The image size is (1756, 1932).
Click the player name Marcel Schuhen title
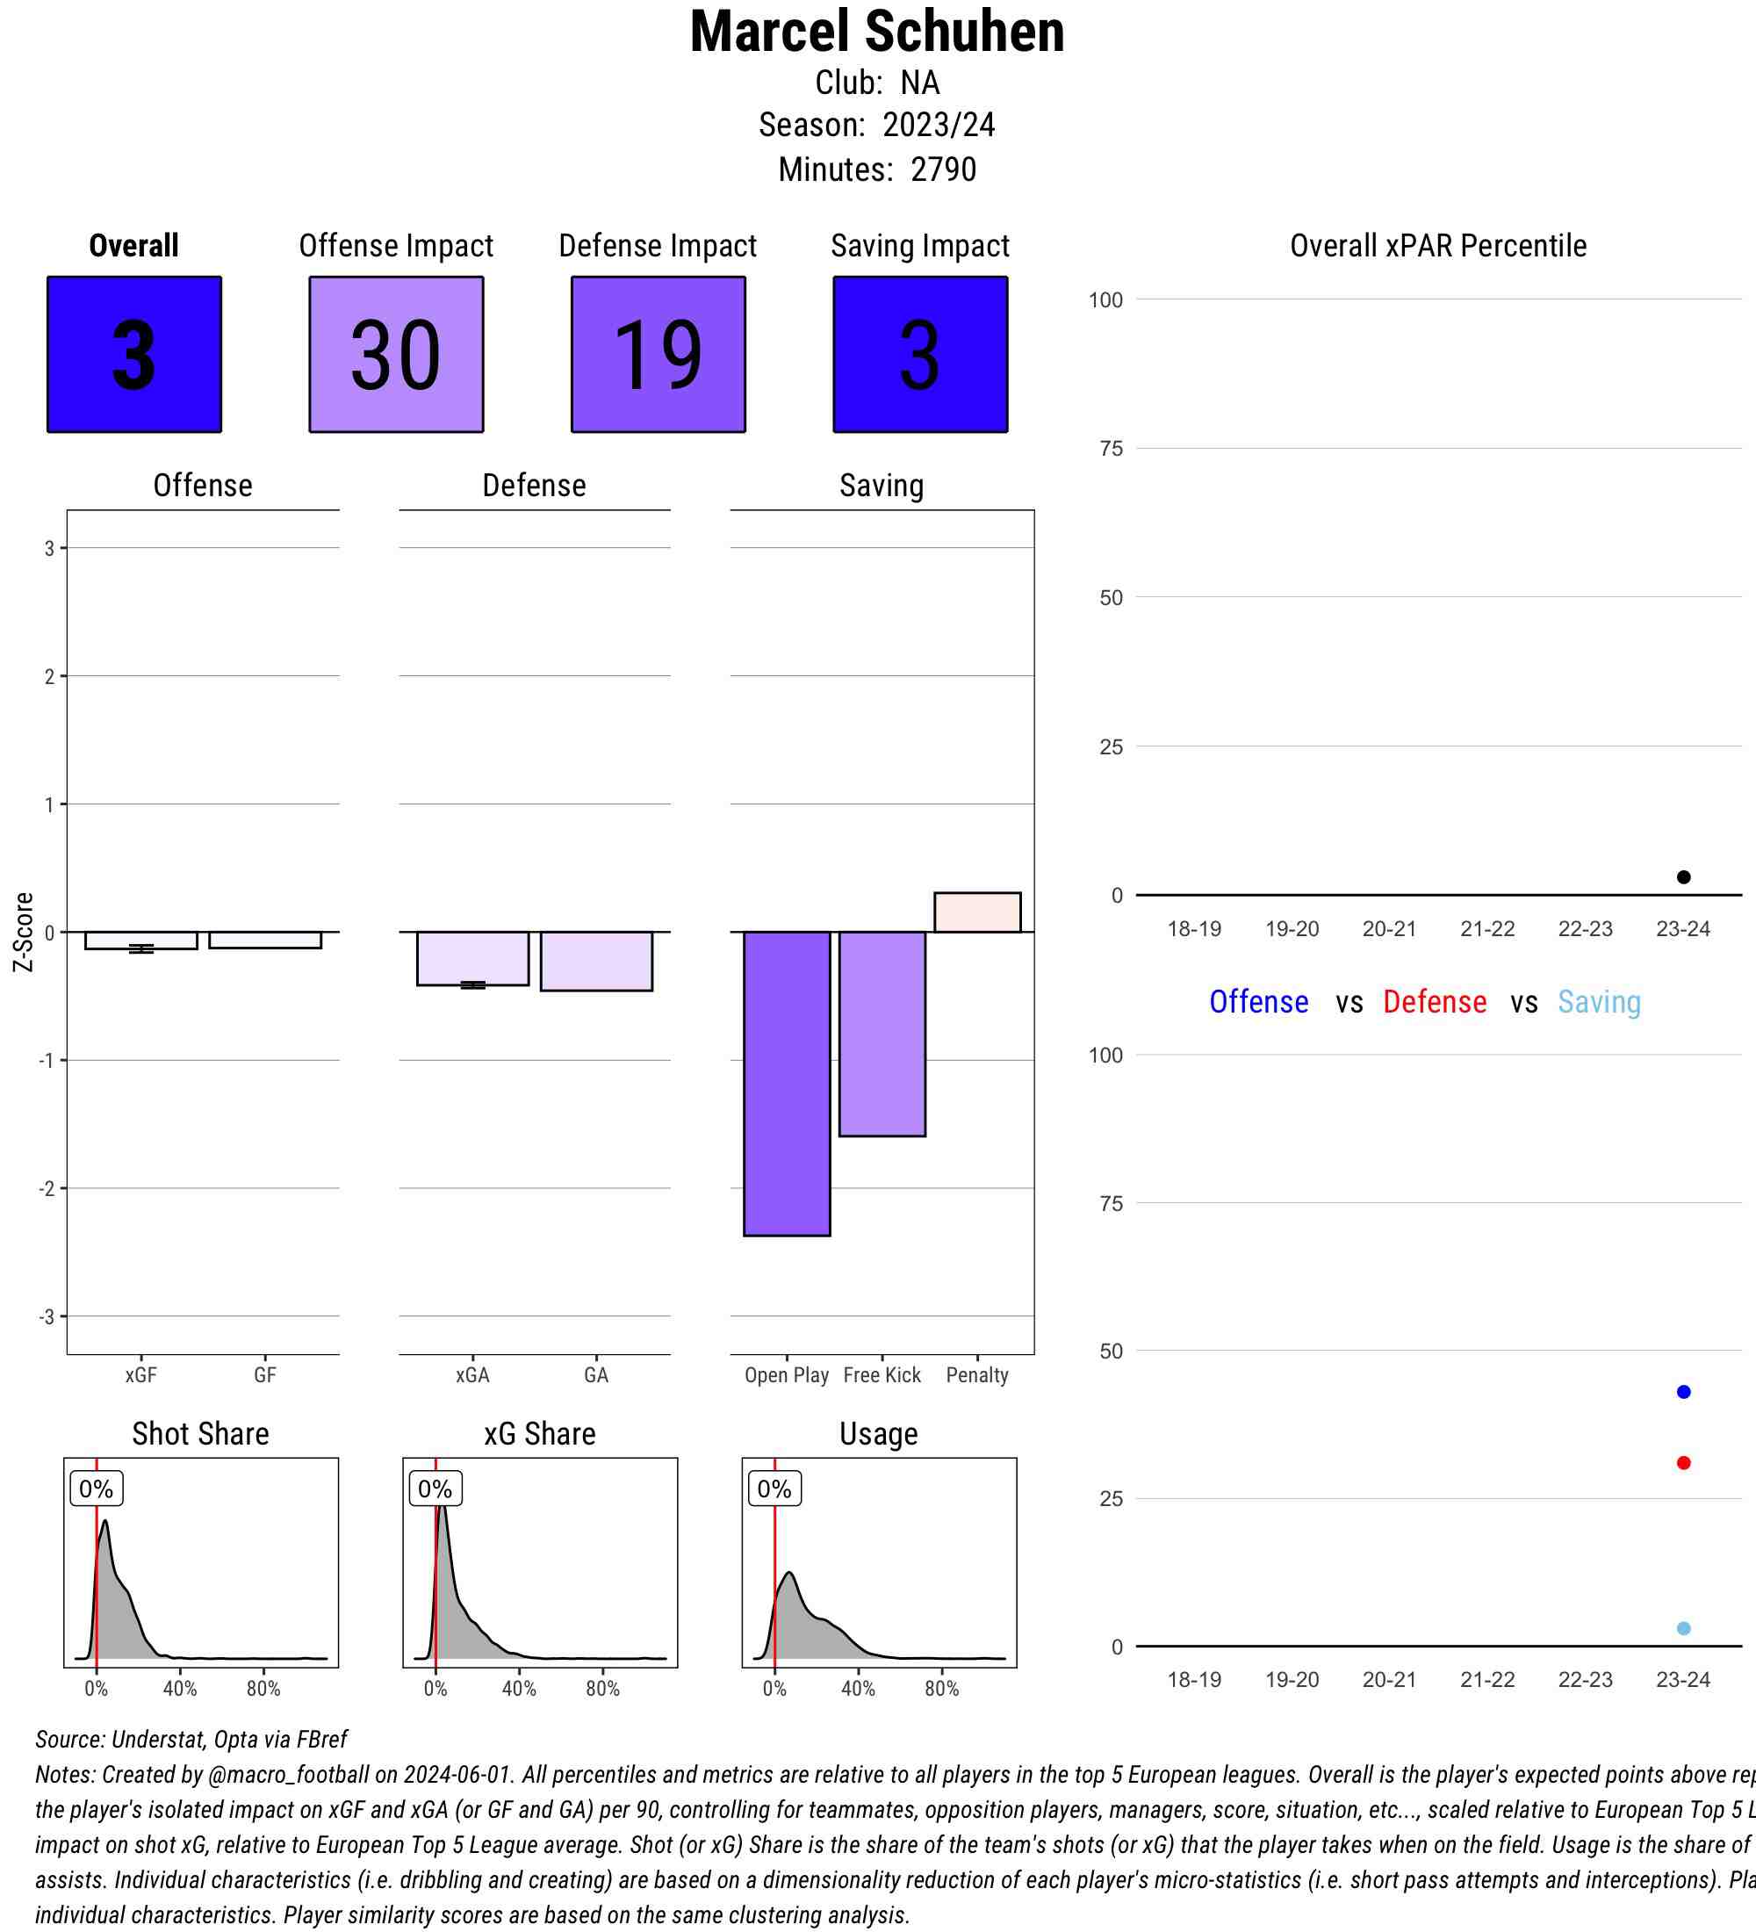(876, 32)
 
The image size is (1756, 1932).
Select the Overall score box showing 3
(134, 355)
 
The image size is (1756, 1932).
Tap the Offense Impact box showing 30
(396, 355)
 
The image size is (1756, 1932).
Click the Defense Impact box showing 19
(658, 355)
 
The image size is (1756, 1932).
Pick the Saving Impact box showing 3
(919, 355)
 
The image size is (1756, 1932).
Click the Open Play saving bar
(787, 1083)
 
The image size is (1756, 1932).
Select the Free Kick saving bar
(882, 1033)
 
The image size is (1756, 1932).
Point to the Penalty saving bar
(977, 912)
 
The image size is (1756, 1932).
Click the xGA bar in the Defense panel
(472, 957)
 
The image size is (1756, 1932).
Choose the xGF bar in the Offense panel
(140, 941)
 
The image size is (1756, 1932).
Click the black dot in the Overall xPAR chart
(1683, 877)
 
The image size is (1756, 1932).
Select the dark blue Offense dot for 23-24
(1683, 1392)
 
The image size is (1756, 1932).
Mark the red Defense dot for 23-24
(1683, 1462)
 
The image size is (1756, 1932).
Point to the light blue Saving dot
(1683, 1628)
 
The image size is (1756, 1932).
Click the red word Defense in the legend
(1434, 1001)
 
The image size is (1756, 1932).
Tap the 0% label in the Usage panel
(774, 1489)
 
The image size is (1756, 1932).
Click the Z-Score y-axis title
(23, 932)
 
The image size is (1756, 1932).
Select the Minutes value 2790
(943, 169)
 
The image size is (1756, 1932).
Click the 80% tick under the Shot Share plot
(263, 1689)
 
